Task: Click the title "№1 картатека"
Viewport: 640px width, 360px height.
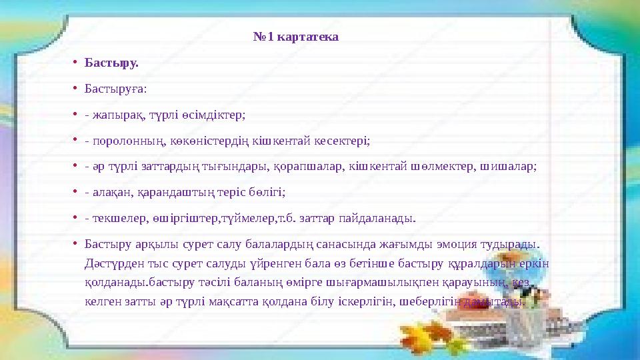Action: point(296,36)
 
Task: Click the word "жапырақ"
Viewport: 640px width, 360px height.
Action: point(116,115)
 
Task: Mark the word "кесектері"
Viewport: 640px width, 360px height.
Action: point(341,141)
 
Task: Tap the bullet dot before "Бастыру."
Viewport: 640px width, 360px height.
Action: point(77,63)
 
